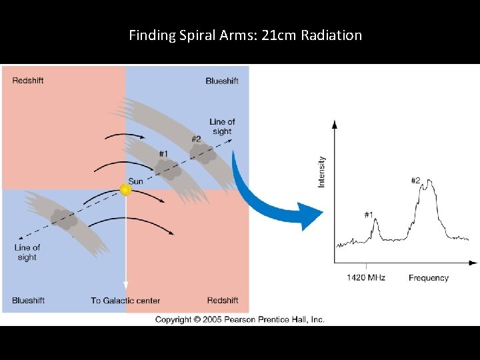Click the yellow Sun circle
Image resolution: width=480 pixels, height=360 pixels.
coord(125,190)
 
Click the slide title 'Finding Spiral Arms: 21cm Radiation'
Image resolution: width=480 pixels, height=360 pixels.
coord(245,35)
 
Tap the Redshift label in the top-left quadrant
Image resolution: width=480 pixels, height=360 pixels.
coord(29,81)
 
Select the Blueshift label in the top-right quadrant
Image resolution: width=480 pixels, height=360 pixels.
coord(221,81)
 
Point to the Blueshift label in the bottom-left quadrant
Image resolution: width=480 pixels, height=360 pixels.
coord(28,301)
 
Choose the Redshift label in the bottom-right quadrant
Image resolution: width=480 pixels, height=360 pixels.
coord(223,301)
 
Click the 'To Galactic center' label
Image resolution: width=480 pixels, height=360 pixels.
coord(125,301)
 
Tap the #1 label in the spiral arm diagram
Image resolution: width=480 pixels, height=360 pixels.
coord(163,154)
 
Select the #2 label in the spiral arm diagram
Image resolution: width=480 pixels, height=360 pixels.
coord(196,139)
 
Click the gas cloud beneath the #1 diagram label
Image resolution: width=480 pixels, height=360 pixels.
coord(169,171)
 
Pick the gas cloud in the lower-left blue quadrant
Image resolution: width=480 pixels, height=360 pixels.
coord(65,219)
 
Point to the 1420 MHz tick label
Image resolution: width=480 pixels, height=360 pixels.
coord(366,277)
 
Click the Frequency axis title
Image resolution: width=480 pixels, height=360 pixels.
coord(428,277)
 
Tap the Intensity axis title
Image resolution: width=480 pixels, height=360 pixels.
coord(322,171)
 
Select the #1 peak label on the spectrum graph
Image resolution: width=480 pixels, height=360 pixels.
coord(369,215)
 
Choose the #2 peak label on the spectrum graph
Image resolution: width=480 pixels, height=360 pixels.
coord(415,181)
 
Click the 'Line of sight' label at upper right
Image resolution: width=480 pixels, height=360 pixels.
coord(222,127)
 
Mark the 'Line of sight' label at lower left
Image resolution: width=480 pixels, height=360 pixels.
coord(27,252)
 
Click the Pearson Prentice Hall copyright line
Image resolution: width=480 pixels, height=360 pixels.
coord(239,319)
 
